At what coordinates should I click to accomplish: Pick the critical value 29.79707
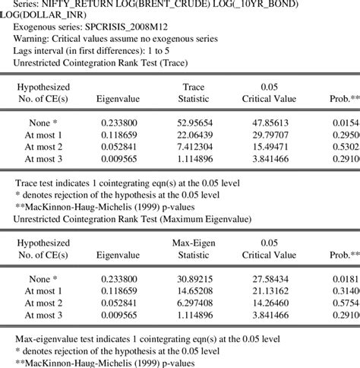[x=274, y=134]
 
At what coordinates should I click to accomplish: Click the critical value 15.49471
[x=274, y=146]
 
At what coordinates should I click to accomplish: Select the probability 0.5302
[x=346, y=146]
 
